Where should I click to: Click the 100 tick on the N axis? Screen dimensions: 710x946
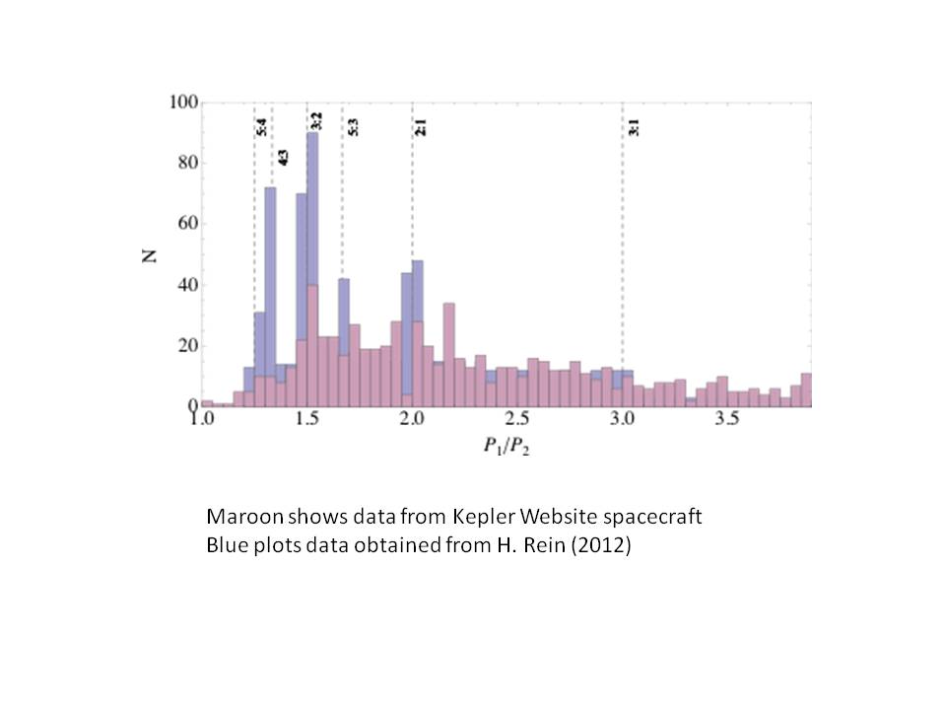coord(184,103)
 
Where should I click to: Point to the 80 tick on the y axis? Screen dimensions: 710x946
coord(187,163)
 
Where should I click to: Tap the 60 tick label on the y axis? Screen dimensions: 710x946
coord(187,224)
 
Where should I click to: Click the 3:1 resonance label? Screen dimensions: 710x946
coord(633,127)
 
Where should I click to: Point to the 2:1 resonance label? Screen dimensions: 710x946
coord(421,127)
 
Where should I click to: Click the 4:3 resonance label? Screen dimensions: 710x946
coord(282,157)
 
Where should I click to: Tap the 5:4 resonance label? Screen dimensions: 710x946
coord(261,127)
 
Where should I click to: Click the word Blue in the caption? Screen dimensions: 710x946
coord(226,544)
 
